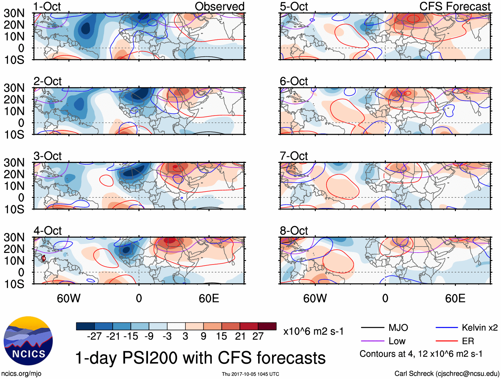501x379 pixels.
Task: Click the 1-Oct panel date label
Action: [47, 7]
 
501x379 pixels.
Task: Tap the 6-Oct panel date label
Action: [294, 81]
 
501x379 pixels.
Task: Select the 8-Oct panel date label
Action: [294, 231]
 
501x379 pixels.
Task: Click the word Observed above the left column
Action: [219, 7]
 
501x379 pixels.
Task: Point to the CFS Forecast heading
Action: [455, 7]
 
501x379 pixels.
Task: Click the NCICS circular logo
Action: [28, 341]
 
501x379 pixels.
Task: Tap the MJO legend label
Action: [398, 328]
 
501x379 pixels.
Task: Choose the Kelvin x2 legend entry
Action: [479, 328]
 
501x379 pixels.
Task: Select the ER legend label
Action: [468, 341]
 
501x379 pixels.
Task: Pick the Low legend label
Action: [397, 341]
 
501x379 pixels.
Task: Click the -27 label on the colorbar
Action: [94, 337]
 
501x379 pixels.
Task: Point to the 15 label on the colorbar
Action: [221, 337]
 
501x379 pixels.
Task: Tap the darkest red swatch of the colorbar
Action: [267, 326]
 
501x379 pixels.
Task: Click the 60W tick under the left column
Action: [69, 298]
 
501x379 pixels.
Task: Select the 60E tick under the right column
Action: [455, 298]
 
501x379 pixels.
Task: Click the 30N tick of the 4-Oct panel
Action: [14, 237]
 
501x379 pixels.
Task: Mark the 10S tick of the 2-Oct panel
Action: [14, 134]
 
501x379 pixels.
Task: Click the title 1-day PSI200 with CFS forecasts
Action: [200, 358]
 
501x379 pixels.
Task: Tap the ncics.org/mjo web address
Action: [21, 374]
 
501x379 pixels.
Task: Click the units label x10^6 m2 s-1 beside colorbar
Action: [313, 331]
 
